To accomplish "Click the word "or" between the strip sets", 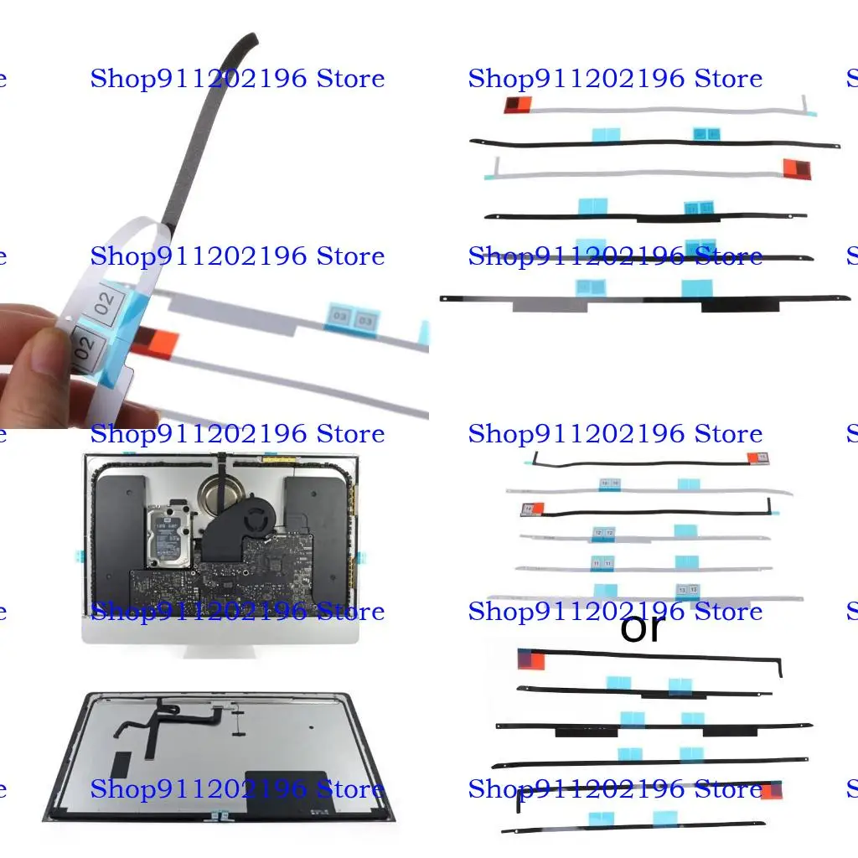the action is pyautogui.click(x=641, y=628).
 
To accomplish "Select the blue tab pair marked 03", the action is pyautogui.click(x=352, y=319).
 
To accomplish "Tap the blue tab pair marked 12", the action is pyautogui.click(x=603, y=532).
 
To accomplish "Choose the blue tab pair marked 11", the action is pyautogui.click(x=602, y=563).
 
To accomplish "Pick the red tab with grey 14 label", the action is pyautogui.click(x=532, y=508).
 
